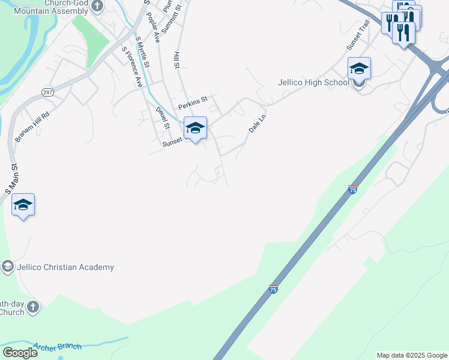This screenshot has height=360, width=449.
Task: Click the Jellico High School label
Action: (312, 82)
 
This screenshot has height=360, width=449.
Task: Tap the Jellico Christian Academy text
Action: (65, 267)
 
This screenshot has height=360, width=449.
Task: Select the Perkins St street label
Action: (192, 98)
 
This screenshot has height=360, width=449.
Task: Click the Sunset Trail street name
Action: (357, 38)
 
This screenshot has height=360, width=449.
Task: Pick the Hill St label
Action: (176, 60)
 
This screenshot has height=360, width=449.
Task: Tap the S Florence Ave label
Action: (131, 67)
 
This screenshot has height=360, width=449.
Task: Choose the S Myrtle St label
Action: (142, 53)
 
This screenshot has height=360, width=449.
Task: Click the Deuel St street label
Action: (163, 118)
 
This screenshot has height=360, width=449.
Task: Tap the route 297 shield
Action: (47, 91)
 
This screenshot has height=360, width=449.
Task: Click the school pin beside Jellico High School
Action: (359, 68)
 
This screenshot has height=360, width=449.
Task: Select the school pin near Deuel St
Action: (195, 128)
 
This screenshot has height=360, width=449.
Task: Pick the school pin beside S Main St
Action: (23, 205)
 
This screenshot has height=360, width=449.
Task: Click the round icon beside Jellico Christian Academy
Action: (8, 266)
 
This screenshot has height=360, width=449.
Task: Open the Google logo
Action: (20, 353)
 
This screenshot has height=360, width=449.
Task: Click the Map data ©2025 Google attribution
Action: (411, 355)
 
